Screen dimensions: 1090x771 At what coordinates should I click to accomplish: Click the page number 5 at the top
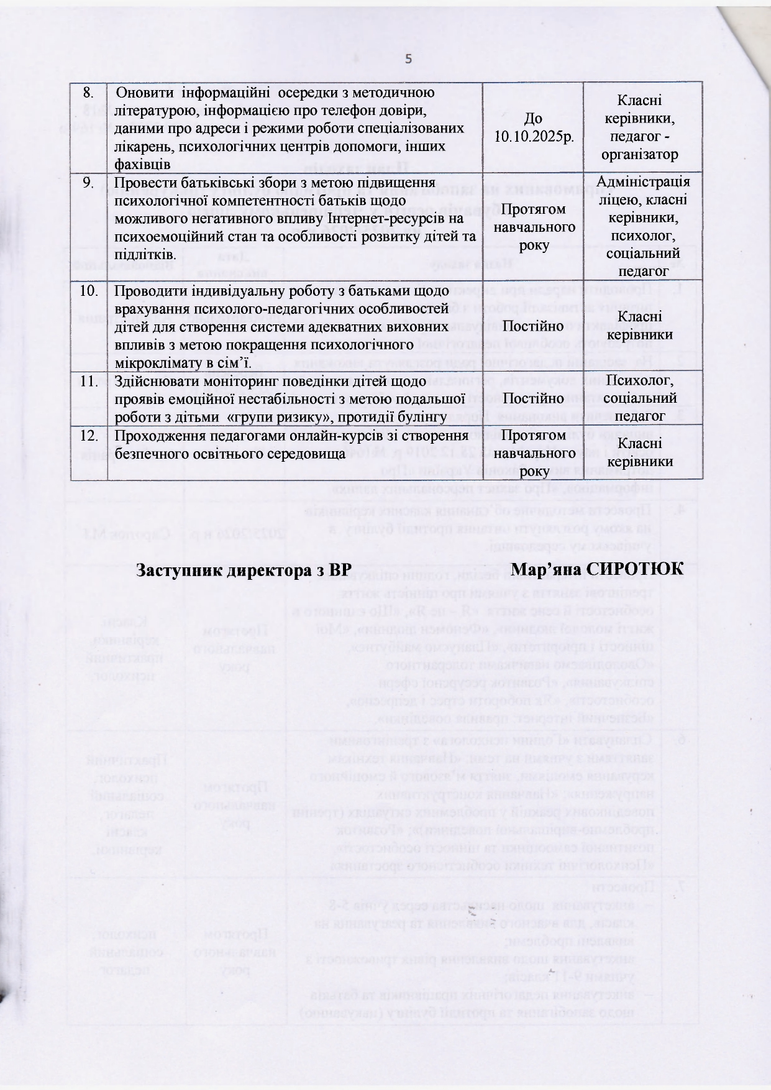408,60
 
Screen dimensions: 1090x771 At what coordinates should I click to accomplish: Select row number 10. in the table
90,290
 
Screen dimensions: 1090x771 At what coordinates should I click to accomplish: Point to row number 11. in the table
90,380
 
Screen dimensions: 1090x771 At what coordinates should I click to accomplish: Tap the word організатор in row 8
643,154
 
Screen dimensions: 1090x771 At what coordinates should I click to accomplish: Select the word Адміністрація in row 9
643,181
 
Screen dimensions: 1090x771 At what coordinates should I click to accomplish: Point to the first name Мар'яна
547,569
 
